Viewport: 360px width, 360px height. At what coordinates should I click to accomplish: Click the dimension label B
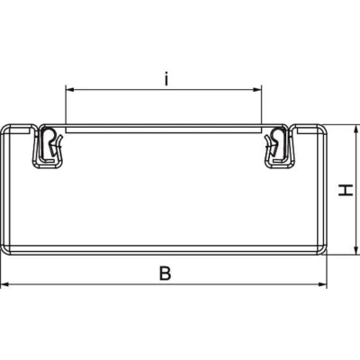(x=165, y=274)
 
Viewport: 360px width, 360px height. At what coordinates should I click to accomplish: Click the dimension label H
(x=346, y=190)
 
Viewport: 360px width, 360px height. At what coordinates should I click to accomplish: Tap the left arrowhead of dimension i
(x=69, y=89)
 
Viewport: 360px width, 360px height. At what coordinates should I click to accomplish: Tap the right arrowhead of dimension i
(x=257, y=89)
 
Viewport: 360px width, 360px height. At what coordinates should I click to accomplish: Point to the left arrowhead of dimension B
(x=4, y=283)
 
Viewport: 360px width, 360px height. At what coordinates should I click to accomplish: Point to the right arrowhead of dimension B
(x=322, y=283)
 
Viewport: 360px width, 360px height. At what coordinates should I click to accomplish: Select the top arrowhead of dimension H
(x=355, y=129)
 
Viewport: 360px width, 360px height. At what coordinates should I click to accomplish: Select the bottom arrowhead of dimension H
(x=355, y=250)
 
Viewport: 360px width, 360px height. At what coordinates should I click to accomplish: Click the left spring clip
(x=48, y=147)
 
